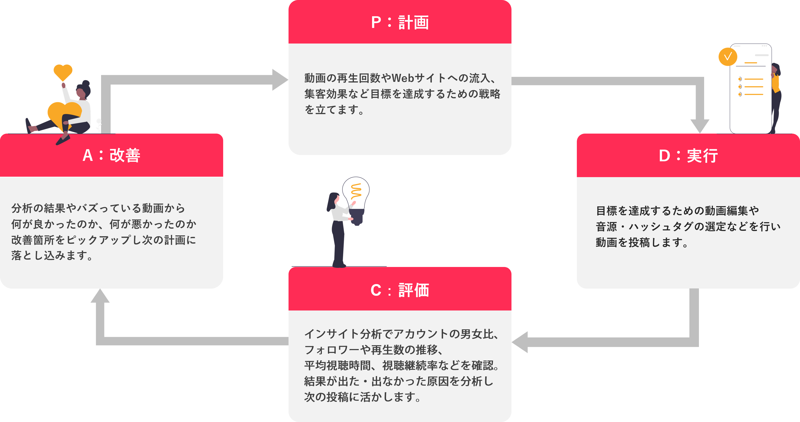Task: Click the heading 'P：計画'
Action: pyautogui.click(x=400, y=22)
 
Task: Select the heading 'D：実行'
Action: pyautogui.click(x=688, y=155)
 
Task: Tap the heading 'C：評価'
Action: pyautogui.click(x=400, y=290)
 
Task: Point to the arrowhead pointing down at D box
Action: pyautogui.click(x=700, y=126)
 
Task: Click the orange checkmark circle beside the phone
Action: pyautogui.click(x=728, y=57)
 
